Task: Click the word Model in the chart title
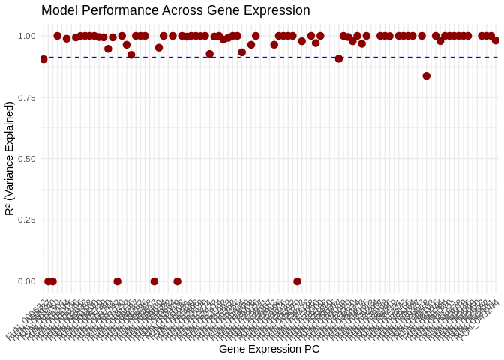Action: [x=58, y=11]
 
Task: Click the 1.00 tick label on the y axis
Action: [x=26, y=36]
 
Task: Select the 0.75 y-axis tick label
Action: [x=26, y=97]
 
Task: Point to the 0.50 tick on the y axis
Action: [x=26, y=159]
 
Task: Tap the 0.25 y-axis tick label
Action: [x=26, y=220]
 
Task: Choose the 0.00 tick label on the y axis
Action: [x=26, y=281]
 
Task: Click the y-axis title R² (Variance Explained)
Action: [x=9, y=158]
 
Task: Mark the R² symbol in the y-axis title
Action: [x=9, y=208]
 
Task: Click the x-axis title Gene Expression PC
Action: [x=269, y=349]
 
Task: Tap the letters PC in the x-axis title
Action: [x=312, y=349]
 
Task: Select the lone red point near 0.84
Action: [x=427, y=76]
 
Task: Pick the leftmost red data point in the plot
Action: [x=43, y=59]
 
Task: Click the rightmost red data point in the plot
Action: [x=496, y=40]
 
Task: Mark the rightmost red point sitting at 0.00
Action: [x=298, y=281]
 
